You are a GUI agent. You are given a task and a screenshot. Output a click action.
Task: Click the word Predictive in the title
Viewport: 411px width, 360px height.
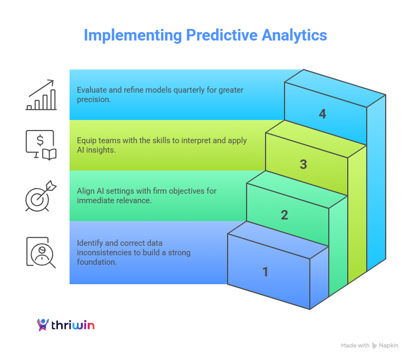[x=220, y=35]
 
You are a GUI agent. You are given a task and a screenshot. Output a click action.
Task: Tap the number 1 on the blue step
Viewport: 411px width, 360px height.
[x=266, y=272]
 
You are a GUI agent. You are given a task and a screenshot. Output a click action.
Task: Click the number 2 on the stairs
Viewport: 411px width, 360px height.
[x=285, y=215]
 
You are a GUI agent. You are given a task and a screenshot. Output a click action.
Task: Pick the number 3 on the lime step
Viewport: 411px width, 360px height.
[x=304, y=164]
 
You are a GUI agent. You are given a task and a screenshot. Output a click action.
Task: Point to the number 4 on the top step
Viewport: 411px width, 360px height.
[x=322, y=114]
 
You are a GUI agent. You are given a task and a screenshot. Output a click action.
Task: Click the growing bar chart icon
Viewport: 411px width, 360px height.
[x=41, y=95]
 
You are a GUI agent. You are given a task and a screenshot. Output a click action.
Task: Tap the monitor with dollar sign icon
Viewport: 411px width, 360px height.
[x=41, y=145]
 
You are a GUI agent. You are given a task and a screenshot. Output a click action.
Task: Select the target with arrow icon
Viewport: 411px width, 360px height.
[x=41, y=196]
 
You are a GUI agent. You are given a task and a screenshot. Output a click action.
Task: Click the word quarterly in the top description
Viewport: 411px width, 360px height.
[x=188, y=90]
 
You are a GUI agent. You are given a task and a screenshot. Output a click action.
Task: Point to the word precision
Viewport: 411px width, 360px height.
[x=94, y=99]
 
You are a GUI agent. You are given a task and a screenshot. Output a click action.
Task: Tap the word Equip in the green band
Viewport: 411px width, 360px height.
[x=86, y=141]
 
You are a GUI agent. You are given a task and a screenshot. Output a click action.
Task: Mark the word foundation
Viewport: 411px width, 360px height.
[x=97, y=262]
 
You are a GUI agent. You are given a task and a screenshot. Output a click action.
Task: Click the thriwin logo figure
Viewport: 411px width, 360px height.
[x=43, y=325]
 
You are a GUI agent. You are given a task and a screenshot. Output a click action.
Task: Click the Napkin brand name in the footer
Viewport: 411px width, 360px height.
[x=389, y=346]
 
